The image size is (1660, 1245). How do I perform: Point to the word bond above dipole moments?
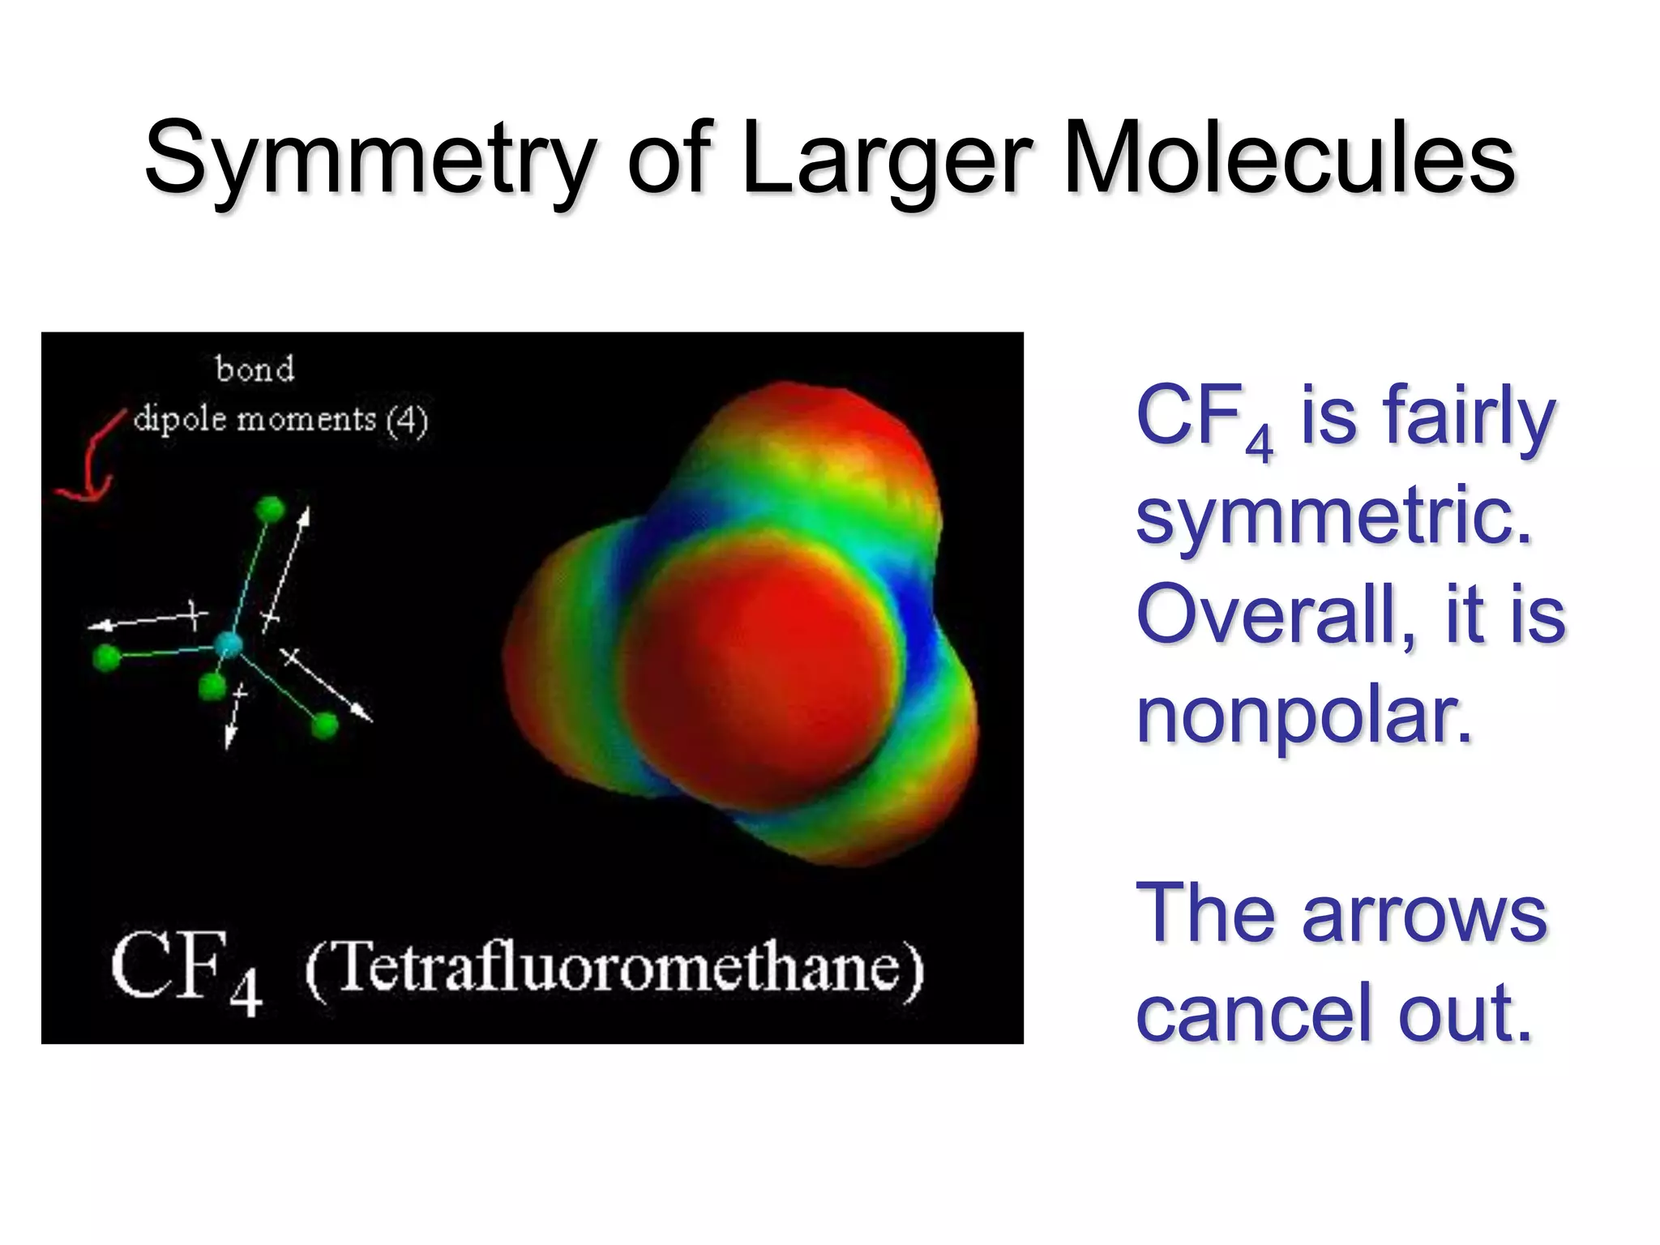pos(255,370)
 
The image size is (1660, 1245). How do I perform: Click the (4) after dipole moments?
pos(407,420)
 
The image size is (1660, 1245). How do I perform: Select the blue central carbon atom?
pos(229,645)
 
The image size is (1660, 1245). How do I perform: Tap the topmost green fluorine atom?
pos(270,509)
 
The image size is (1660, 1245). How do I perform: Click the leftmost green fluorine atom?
pos(106,657)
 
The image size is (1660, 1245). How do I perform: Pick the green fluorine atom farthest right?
pos(325,725)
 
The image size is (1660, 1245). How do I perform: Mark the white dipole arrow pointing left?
pos(146,621)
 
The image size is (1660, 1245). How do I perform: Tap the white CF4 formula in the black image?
pos(186,971)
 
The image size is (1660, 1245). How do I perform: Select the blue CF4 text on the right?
pos(1204,419)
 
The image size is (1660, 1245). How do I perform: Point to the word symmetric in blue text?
pos(1333,516)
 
